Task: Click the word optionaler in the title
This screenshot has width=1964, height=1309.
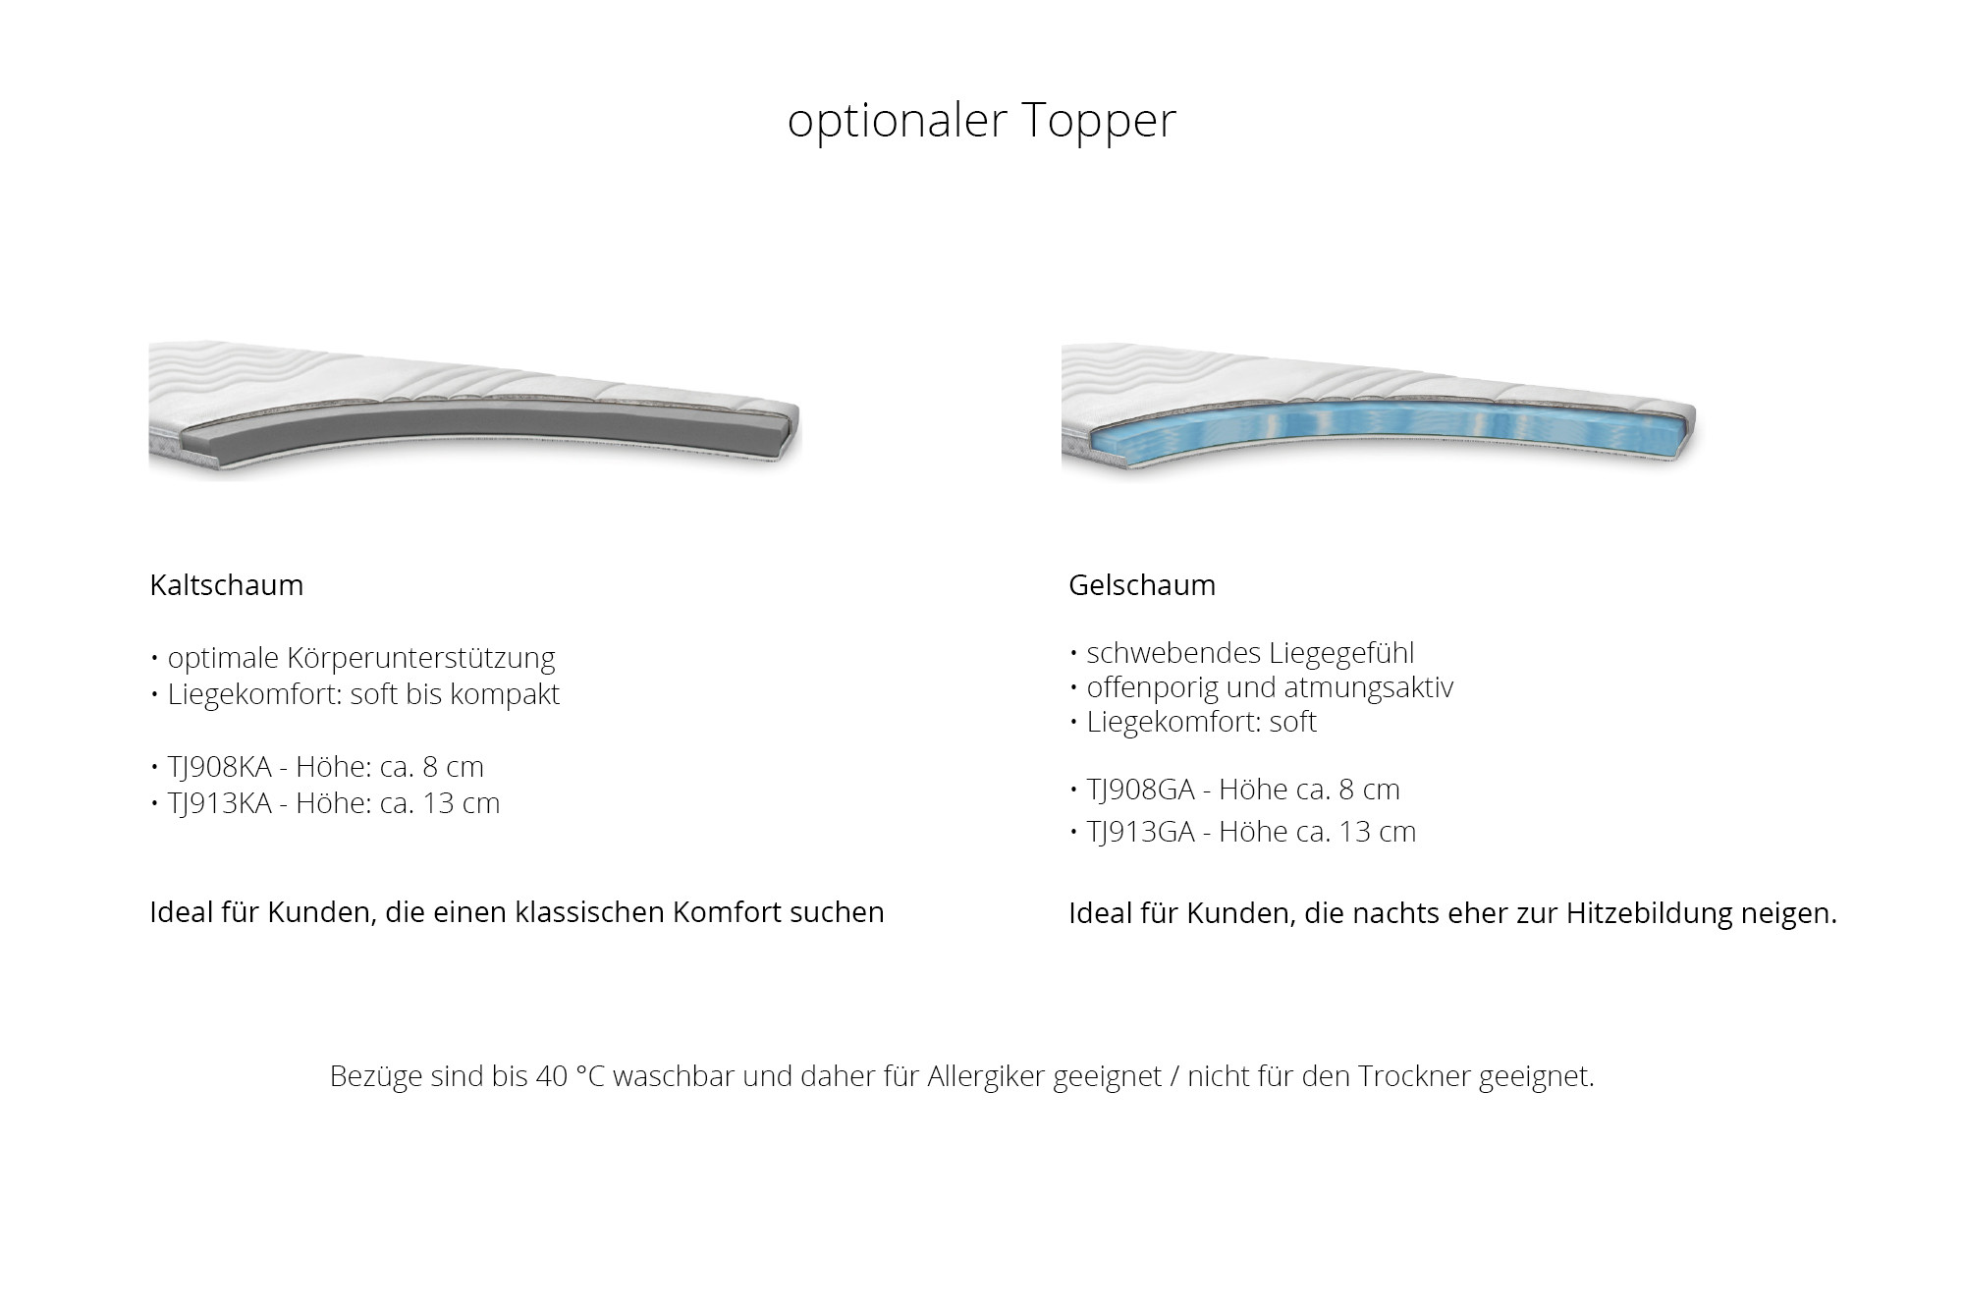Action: [x=898, y=121]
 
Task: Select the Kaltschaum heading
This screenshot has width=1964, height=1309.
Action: [x=227, y=585]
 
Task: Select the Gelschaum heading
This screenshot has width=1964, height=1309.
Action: [x=1142, y=585]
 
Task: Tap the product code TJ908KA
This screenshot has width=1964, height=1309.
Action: [x=219, y=767]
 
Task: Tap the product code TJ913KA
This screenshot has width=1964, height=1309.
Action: [x=219, y=803]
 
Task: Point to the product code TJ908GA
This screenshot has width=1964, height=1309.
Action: [x=1140, y=790]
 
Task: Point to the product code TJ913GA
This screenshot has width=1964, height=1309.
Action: [x=1140, y=832]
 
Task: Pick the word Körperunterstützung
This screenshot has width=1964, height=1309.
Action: [x=421, y=658]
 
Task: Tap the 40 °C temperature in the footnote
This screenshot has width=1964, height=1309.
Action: [x=571, y=1076]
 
